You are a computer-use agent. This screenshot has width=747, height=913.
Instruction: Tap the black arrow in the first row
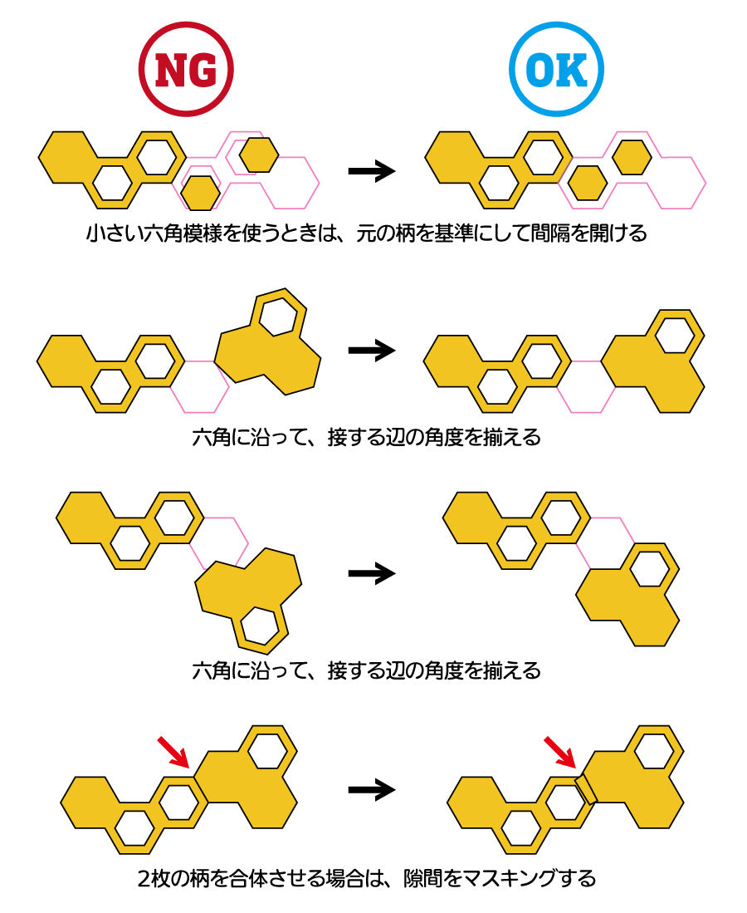[371, 172]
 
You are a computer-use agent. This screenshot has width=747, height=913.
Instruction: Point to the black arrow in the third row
[371, 572]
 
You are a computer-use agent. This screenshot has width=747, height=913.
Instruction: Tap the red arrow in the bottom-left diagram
[173, 751]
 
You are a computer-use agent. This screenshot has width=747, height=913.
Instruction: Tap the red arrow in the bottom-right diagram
[560, 751]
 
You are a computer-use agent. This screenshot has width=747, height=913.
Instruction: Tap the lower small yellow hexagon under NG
[200, 193]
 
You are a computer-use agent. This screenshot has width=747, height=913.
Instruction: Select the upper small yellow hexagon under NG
[258, 154]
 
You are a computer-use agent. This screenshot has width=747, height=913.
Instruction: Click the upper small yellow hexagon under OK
[632, 157]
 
